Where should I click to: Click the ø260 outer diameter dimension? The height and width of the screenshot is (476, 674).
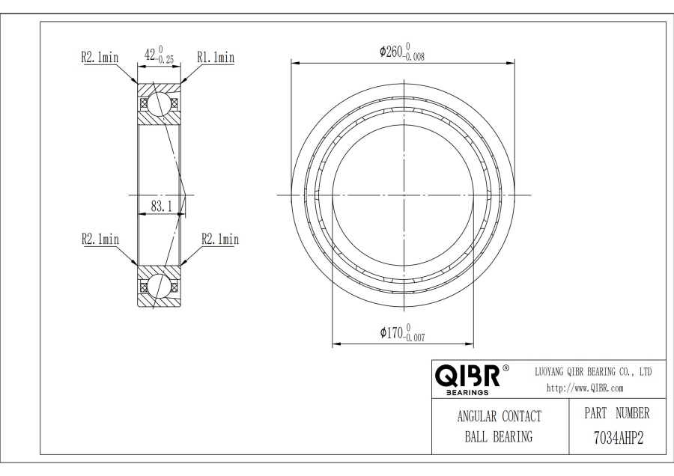pos(402,52)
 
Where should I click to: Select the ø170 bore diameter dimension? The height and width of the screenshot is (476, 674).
pos(402,333)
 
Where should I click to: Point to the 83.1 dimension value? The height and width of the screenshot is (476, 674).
pos(161,207)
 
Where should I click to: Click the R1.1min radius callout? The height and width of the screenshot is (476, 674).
pos(216,57)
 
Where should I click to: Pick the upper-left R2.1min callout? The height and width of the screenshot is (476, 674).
pos(100,57)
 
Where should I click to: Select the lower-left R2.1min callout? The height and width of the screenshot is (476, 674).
pos(100,239)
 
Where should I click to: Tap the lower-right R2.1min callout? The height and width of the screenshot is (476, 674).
pos(220,239)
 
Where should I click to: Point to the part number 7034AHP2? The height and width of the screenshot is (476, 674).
pos(619,439)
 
